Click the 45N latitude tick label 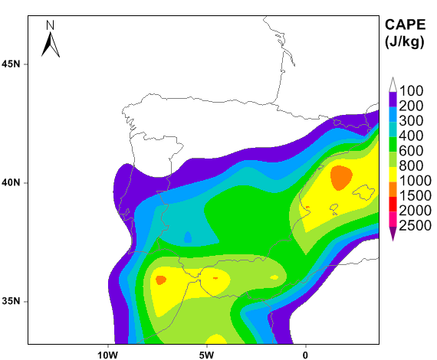[x=11, y=64]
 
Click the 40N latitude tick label [x=11, y=182]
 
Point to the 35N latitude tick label [x=11, y=301]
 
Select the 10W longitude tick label [x=107, y=355]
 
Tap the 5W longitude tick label [x=206, y=355]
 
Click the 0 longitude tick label [x=305, y=355]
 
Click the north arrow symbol [x=51, y=44]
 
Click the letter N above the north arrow [x=50, y=25]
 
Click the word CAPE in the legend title [x=406, y=25]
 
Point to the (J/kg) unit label [x=405, y=42]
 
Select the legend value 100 [x=411, y=90]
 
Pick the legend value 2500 [x=416, y=225]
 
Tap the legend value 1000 [x=416, y=181]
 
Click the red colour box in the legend [x=393, y=204]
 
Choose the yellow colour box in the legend [x=393, y=175]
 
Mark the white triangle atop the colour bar [x=393, y=85]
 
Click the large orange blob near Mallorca [x=341, y=178]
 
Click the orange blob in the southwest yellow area [x=161, y=280]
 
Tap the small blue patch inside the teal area [x=188, y=237]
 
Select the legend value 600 [x=411, y=151]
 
